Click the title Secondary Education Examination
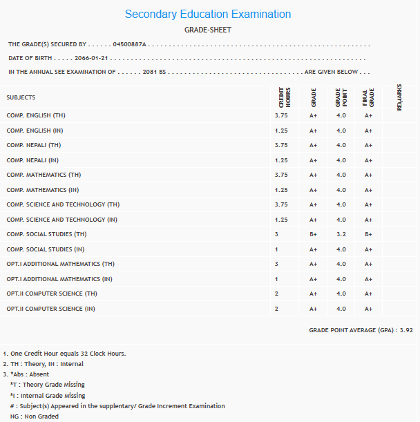pyautogui.click(x=208, y=15)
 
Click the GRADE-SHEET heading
pyautogui.click(x=208, y=30)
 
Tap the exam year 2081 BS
pyautogui.click(x=151, y=72)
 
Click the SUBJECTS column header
pyautogui.click(x=21, y=97)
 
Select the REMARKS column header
pyautogui.click(x=399, y=97)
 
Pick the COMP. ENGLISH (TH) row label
pyautogui.click(x=36, y=115)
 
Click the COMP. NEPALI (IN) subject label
pyautogui.click(x=33, y=160)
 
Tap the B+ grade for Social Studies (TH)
pyautogui.click(x=313, y=235)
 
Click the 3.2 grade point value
pyautogui.click(x=341, y=235)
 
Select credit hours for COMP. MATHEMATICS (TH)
pyautogui.click(x=281, y=175)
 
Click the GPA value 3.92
pyautogui.click(x=407, y=331)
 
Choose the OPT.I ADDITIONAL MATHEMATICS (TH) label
pyautogui.click(x=60, y=265)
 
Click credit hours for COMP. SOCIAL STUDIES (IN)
pyautogui.click(x=276, y=249)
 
